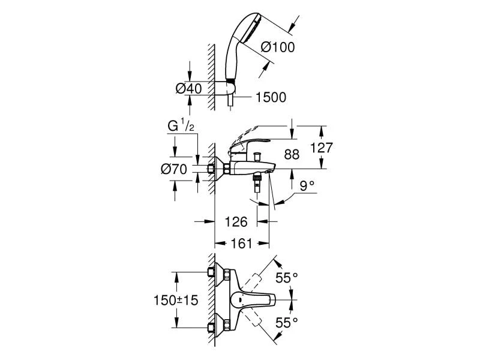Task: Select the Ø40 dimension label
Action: click(188, 88)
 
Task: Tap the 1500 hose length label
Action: click(269, 97)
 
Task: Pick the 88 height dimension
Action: click(291, 155)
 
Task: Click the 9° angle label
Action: click(308, 186)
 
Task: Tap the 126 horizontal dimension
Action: click(236, 222)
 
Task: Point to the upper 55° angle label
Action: click(287, 278)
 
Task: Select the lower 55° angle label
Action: click(287, 323)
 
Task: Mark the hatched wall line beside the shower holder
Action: click(211, 75)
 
